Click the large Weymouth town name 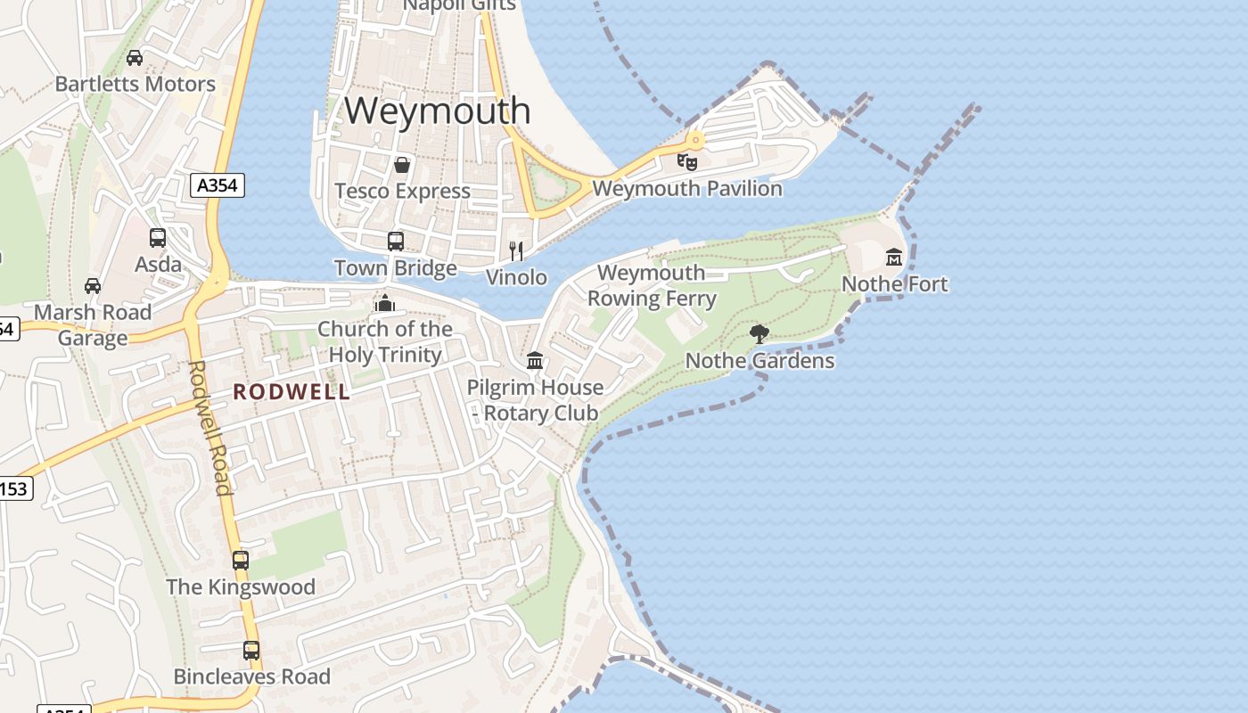point(438,111)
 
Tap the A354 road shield point(218,185)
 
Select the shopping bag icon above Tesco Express point(402,165)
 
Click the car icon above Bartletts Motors point(135,59)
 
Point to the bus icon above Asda point(158,238)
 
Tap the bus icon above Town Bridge point(396,242)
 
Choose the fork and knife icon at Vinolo point(516,250)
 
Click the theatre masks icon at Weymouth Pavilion point(686,162)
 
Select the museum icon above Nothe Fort point(894,258)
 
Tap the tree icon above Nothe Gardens point(759,334)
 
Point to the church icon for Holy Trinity point(385,304)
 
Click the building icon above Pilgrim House point(535,361)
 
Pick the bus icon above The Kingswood point(241,561)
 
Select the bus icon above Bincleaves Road point(251,651)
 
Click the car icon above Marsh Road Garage point(93,286)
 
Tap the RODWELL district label point(291,392)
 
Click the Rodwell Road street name point(210,428)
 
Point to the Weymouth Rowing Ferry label point(652,286)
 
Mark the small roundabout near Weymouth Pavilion point(694,140)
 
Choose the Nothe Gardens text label point(759,361)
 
